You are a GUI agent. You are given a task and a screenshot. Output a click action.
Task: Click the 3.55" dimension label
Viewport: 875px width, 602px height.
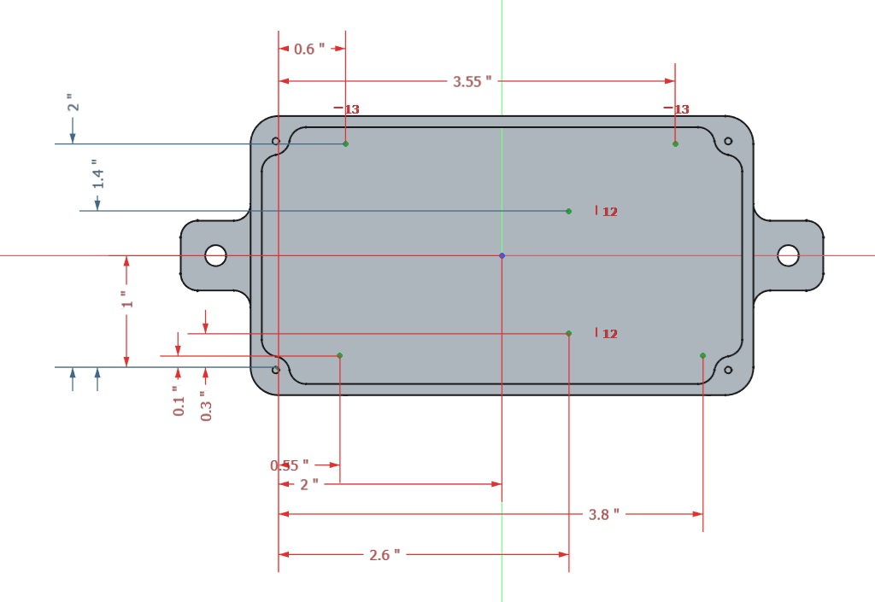[473, 82]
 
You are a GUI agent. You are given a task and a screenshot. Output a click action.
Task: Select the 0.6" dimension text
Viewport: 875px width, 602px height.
[309, 50]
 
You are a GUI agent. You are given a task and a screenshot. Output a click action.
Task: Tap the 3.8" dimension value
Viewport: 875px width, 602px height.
[603, 514]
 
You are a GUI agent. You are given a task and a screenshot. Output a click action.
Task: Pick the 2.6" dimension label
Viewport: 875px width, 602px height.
[385, 555]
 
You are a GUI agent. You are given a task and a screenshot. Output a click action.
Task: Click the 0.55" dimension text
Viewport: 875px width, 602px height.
[290, 465]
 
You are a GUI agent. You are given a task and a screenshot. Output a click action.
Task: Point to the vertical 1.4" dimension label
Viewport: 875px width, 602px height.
[98, 173]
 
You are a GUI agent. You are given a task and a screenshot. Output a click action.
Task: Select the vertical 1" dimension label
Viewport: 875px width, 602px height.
[126, 300]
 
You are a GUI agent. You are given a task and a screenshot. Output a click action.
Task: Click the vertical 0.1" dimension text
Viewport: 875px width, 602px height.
[179, 401]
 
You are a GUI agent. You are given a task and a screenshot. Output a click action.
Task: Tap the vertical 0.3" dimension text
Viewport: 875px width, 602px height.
[206, 406]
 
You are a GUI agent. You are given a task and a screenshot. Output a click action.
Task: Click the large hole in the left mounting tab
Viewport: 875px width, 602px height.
[215, 255]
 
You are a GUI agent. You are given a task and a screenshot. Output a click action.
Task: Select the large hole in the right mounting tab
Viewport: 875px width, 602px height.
[788, 255]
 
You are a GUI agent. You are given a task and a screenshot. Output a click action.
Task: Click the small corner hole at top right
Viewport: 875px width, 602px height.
[728, 141]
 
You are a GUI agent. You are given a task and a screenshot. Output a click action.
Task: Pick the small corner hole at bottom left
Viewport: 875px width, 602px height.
[275, 370]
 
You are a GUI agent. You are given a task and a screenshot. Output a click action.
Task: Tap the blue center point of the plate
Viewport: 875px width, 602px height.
[502, 255]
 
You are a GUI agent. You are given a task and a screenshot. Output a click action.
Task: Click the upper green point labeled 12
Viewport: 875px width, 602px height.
[568, 211]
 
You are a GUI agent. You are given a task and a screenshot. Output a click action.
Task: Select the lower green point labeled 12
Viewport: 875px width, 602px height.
[568, 333]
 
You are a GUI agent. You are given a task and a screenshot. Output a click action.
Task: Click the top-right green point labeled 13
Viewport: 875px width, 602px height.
[675, 143]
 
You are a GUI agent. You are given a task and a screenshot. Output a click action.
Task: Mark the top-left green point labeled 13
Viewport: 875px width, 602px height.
[345, 143]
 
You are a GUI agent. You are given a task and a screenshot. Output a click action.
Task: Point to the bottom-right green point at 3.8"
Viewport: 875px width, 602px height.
[702, 355]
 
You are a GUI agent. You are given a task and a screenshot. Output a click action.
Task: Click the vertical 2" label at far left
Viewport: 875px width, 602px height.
[73, 102]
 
